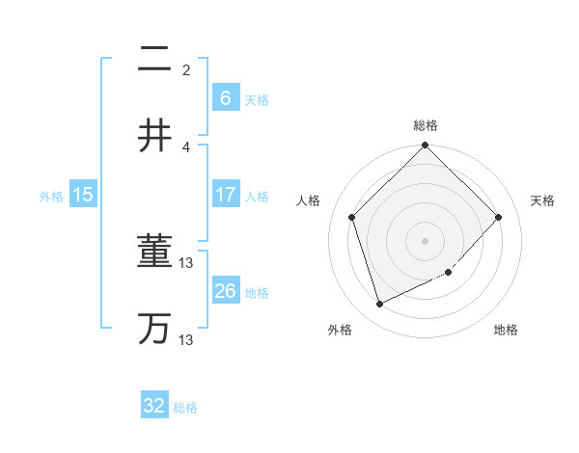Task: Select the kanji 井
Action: click(x=154, y=136)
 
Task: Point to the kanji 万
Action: click(x=154, y=329)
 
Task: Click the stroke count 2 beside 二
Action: click(x=186, y=69)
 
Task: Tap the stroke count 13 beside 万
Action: click(x=187, y=339)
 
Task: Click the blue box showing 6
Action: click(x=225, y=98)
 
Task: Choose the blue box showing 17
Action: click(x=225, y=195)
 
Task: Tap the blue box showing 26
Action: click(x=225, y=291)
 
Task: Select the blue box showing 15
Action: click(x=83, y=195)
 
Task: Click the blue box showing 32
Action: click(x=154, y=406)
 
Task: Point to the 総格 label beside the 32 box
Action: click(x=185, y=408)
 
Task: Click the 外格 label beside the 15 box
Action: click(x=51, y=197)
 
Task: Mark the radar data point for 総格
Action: click(x=425, y=146)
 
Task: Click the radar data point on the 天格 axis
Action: click(x=499, y=217)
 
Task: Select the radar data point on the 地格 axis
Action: click(x=449, y=273)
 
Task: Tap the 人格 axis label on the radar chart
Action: click(x=309, y=200)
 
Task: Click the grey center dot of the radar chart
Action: click(x=425, y=240)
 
